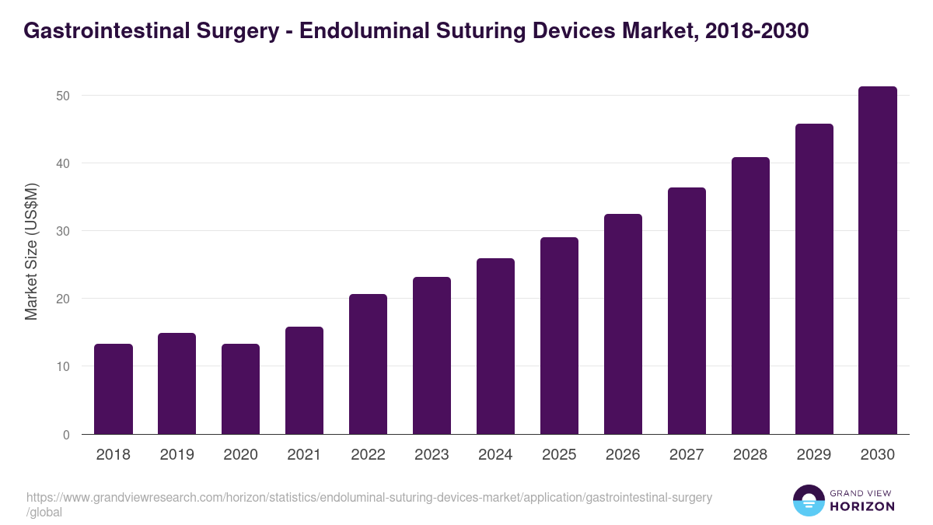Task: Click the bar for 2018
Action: tap(114, 389)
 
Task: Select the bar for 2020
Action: tap(241, 389)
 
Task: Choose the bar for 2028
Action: tap(750, 296)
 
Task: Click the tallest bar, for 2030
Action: tap(878, 261)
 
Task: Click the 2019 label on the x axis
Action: tap(177, 455)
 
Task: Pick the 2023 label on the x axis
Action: tap(432, 455)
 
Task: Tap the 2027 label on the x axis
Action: tap(687, 455)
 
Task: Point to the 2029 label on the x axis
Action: tap(814, 455)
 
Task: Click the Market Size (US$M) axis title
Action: tap(31, 251)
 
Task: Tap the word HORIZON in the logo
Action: tap(862, 506)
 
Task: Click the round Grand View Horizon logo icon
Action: tap(809, 500)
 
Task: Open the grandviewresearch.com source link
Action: tap(369, 498)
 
